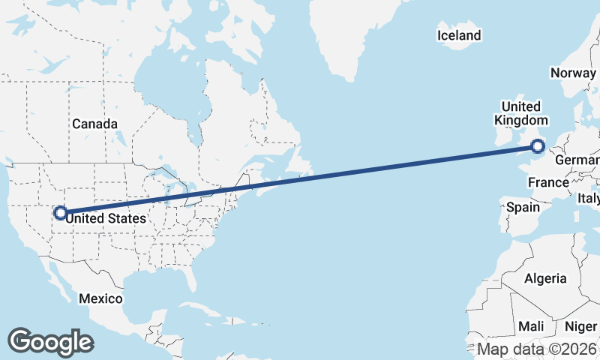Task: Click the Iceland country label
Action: (459, 35)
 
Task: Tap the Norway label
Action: (572, 73)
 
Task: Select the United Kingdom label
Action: (521, 113)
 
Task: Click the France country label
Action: (548, 182)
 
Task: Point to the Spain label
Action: (523, 206)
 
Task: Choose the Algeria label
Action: (545, 278)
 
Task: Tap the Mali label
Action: (531, 326)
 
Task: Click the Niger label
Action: (580, 326)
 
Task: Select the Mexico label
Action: (100, 298)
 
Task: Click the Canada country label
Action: (94, 124)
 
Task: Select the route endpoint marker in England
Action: (538, 147)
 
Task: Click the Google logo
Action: (50, 341)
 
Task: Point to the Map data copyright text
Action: (538, 349)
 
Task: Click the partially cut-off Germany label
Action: (577, 160)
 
